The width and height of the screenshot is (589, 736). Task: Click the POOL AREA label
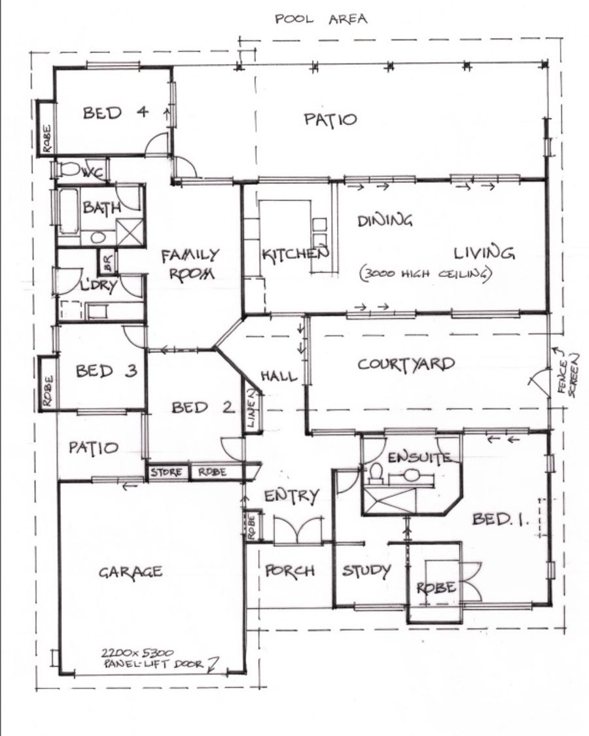tap(321, 19)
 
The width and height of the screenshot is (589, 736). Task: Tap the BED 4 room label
tap(116, 113)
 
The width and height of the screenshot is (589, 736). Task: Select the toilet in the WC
tap(69, 169)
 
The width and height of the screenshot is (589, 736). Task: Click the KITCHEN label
tap(295, 254)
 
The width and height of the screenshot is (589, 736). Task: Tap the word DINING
tap(385, 221)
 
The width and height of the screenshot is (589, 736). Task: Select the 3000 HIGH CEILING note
tap(426, 274)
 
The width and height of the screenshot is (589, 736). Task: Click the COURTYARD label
tap(406, 364)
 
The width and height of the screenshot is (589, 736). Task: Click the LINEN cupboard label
tap(251, 408)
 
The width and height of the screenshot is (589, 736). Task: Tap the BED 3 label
tap(107, 371)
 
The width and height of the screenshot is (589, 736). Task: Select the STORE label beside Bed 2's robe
tap(166, 473)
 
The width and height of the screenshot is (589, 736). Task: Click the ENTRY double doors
tap(298, 529)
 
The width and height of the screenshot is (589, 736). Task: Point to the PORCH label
tap(290, 571)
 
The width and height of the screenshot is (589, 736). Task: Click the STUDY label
tap(366, 571)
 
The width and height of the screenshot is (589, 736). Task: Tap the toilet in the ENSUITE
tap(376, 474)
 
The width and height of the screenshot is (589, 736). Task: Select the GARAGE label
tap(131, 572)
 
